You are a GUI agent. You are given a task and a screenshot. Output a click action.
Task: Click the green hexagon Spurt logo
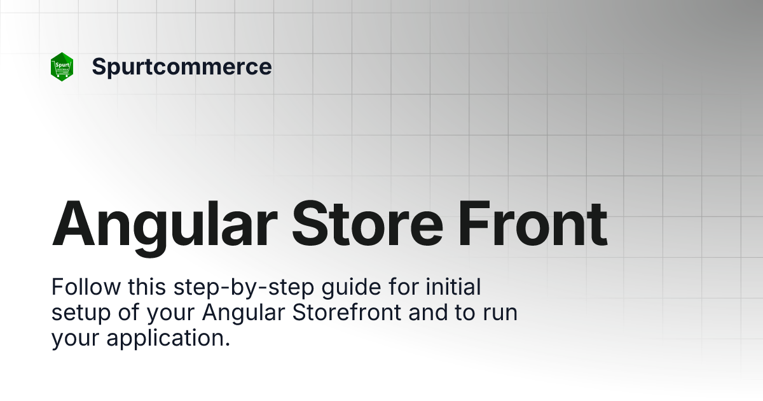click(62, 66)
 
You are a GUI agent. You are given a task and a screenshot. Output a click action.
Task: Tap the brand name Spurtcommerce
click(182, 66)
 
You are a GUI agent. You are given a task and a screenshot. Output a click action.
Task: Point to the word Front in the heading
click(538, 225)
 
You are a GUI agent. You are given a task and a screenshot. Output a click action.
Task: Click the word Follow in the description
click(86, 288)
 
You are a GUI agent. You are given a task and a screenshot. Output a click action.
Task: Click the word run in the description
click(502, 314)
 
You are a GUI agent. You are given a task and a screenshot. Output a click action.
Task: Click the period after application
click(226, 344)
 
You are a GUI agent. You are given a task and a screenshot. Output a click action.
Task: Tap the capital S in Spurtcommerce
click(99, 66)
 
